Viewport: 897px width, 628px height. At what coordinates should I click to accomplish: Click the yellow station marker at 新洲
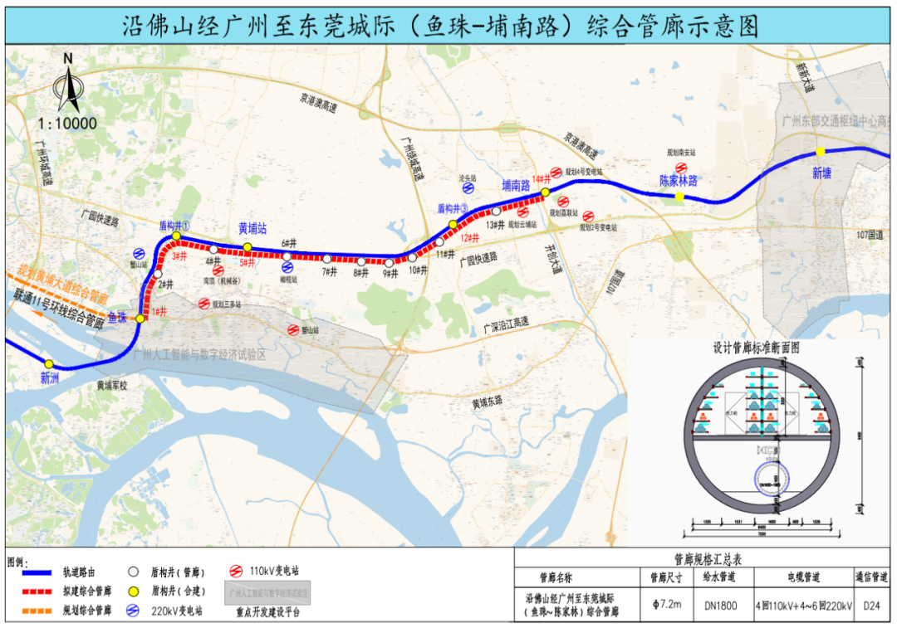coord(49,363)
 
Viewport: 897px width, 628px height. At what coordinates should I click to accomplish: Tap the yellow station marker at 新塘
coord(820,151)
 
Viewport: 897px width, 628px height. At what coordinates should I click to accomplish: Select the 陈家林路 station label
coord(679,180)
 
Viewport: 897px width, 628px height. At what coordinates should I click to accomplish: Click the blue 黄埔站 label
coord(252,228)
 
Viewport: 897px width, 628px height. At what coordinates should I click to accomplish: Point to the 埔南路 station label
coord(516,186)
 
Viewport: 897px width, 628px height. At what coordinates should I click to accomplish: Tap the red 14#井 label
coord(542,178)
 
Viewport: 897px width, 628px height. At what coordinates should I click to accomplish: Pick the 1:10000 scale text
coord(67,124)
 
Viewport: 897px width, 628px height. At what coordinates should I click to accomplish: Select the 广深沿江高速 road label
coord(506,322)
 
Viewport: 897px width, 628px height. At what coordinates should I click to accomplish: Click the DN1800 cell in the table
coord(721,606)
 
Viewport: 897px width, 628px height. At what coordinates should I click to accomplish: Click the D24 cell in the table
coord(871,606)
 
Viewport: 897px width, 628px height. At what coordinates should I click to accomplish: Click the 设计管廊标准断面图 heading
coord(756,348)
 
